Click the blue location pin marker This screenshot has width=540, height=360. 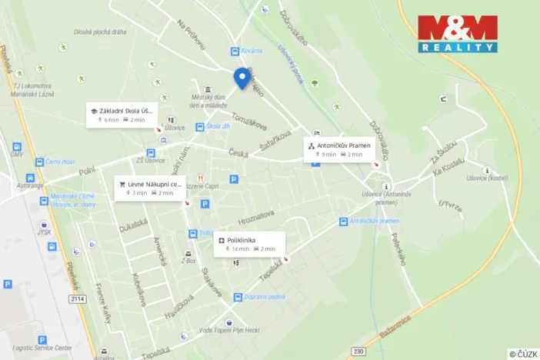click(242, 78)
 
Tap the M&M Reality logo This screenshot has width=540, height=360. click(457, 34)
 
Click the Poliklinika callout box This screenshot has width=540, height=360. click(249, 244)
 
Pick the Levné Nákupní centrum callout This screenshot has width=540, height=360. click(149, 188)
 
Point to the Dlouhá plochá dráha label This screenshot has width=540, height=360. click(100, 32)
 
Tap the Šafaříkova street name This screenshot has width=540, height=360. click(275, 141)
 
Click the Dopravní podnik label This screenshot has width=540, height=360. click(265, 297)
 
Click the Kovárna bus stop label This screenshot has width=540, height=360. click(251, 51)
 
